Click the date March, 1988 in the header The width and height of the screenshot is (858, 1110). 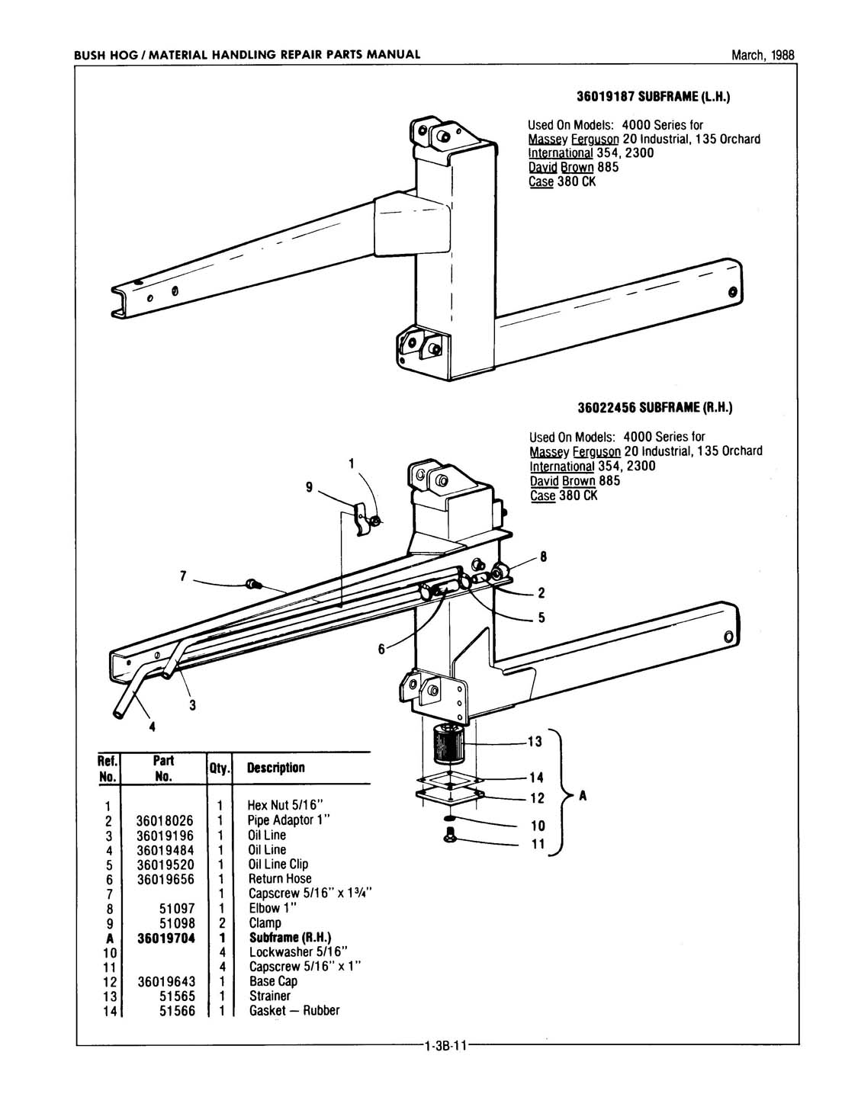[x=762, y=55]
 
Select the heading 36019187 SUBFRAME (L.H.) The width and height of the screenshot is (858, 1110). [x=654, y=98]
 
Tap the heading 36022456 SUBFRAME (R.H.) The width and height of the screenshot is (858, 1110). [x=654, y=409]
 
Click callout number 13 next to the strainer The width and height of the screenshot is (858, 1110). [x=535, y=742]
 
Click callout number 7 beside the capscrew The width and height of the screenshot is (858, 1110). [x=183, y=576]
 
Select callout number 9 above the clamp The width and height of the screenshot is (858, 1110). [x=309, y=487]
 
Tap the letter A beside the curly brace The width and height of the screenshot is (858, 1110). [x=583, y=796]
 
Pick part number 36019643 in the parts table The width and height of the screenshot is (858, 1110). [x=165, y=981]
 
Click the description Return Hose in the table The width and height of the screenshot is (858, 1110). [x=280, y=878]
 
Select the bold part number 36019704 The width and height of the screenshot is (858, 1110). [x=165, y=938]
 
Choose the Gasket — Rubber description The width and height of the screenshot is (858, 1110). [x=294, y=1011]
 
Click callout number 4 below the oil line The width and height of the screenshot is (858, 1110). [x=152, y=727]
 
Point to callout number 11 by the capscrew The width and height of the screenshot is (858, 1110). [x=538, y=844]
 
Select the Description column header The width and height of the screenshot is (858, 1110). [x=276, y=768]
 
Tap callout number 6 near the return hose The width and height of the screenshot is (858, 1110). [x=381, y=650]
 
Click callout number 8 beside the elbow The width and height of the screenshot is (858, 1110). [x=543, y=557]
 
